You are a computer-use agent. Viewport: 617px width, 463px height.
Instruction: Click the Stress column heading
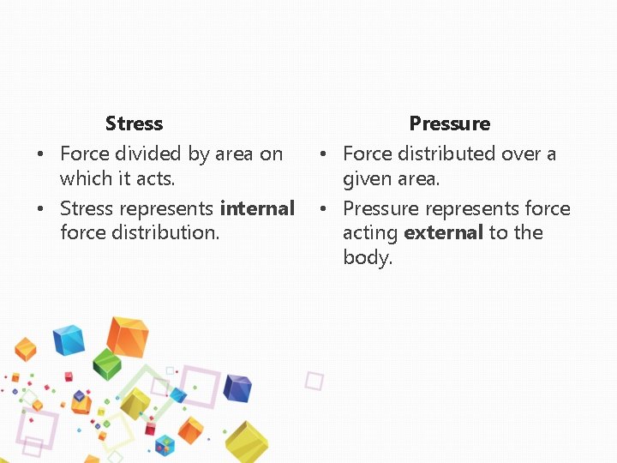134,123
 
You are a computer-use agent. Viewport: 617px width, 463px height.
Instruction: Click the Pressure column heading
449,123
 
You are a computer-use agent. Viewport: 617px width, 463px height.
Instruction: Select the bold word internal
257,208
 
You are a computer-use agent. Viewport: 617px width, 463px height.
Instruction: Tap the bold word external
444,232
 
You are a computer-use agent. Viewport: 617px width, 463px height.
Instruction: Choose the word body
367,257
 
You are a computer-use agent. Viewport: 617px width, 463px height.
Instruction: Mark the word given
366,178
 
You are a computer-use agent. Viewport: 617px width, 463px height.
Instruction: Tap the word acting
370,232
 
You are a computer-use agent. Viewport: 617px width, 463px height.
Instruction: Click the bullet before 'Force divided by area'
41,154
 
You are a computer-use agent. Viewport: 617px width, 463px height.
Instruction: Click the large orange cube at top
128,336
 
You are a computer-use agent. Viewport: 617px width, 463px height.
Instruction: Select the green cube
107,364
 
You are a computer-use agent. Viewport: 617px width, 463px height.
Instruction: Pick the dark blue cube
237,388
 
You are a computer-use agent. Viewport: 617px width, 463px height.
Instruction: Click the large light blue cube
68,340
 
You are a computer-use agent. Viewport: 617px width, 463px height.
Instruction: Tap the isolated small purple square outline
314,381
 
